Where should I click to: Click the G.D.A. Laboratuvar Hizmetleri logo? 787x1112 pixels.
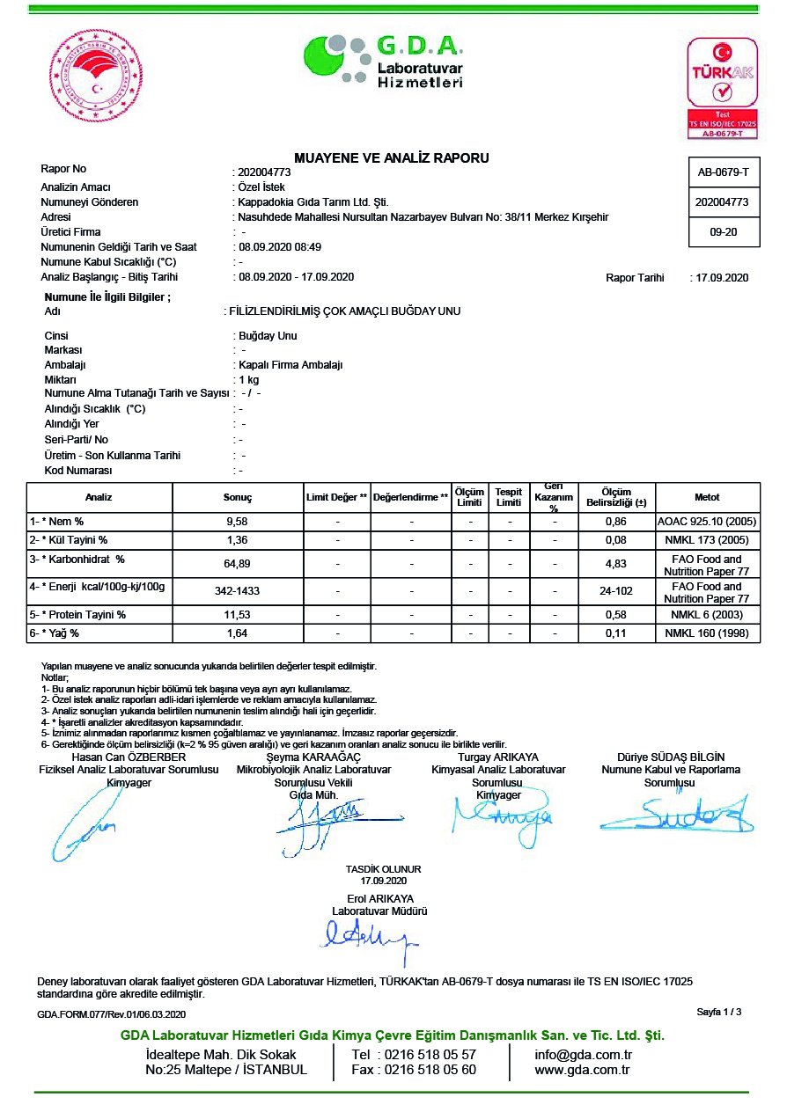(385, 61)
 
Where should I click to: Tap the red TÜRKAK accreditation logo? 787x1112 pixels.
(721, 87)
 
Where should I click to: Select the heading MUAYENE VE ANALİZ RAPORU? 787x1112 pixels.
(392, 158)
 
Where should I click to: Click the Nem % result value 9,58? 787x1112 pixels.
(238, 522)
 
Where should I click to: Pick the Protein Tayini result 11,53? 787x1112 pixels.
(238, 614)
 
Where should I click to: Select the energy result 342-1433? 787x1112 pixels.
(238, 592)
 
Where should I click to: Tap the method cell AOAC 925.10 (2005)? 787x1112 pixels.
(708, 522)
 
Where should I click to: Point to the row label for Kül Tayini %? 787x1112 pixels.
(70, 539)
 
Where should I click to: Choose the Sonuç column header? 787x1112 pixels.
(238, 497)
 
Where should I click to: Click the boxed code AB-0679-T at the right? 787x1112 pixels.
(723, 172)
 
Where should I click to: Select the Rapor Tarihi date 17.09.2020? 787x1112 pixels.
(721, 278)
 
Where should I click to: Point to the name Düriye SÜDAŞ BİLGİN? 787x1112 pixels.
(671, 757)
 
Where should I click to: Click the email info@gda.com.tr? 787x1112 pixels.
(584, 1055)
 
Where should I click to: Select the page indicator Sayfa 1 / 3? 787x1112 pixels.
(718, 1012)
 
